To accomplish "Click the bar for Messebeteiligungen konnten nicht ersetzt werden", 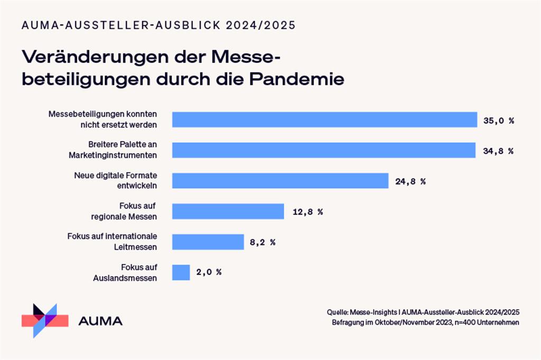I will click(325, 120).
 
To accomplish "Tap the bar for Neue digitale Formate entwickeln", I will click(281, 181).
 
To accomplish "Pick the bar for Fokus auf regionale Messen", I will click(228, 212).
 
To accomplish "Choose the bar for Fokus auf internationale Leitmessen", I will click(208, 242).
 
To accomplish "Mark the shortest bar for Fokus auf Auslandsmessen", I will click(181, 272).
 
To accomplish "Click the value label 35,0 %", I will click(499, 120).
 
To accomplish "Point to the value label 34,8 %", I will click(498, 151).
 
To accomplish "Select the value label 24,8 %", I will click(410, 182).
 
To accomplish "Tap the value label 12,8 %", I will click(307, 212).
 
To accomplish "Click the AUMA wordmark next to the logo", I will click(100, 320).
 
